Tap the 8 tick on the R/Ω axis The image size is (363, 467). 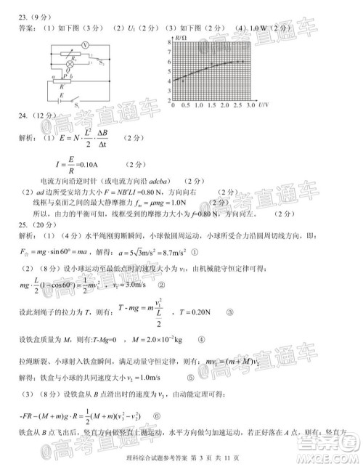point(171,42)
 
